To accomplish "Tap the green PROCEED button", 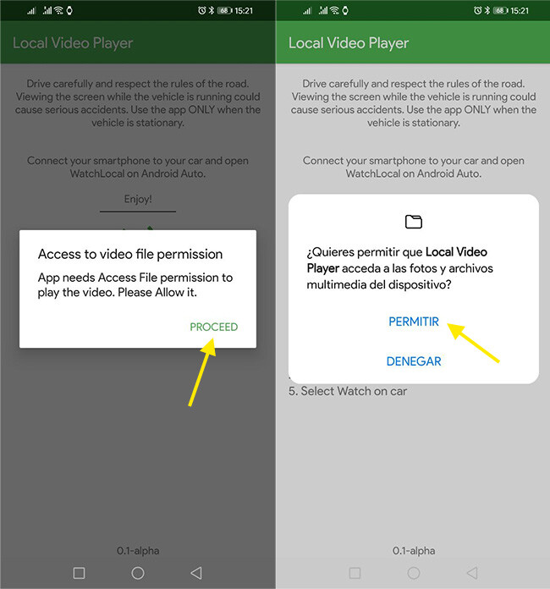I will point(213,327).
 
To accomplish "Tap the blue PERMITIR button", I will point(414,322).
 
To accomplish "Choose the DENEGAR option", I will point(414,361).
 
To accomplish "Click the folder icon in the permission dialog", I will point(414,222).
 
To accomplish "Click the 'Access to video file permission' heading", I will point(130,254).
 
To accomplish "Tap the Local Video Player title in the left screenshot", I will point(73,43).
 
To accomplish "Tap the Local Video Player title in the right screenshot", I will point(349,43).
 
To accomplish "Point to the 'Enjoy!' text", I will point(137,200).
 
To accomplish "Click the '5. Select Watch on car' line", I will point(348,391).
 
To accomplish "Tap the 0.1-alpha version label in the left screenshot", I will point(138,551).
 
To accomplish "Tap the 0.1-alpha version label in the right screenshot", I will point(414,551).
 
